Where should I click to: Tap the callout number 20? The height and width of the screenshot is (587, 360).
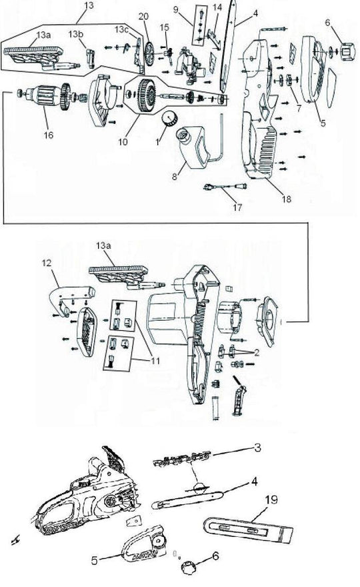[143, 15]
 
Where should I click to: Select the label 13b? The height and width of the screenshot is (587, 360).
[75, 33]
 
